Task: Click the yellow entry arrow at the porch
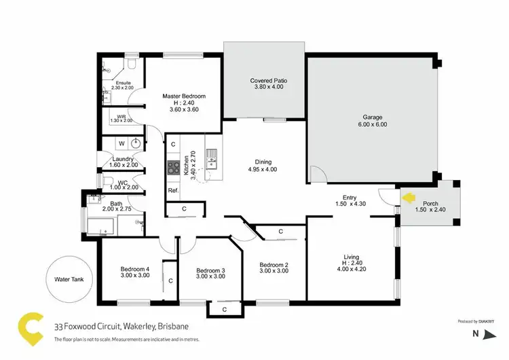click(x=409, y=198)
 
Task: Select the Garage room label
click(x=373, y=117)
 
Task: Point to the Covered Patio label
click(x=268, y=80)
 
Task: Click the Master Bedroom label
click(x=183, y=96)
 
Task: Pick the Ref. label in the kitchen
click(x=173, y=190)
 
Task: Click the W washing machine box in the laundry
click(x=121, y=143)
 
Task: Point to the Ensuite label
click(x=122, y=83)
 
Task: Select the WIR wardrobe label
click(x=121, y=117)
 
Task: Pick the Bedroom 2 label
click(x=274, y=264)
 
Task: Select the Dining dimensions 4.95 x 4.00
click(x=263, y=169)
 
